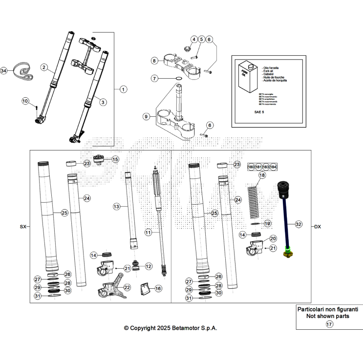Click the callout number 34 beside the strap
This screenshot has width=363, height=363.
[x=4, y=71]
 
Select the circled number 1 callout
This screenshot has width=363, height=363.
[x=123, y=89]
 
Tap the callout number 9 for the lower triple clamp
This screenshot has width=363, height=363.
[x=146, y=116]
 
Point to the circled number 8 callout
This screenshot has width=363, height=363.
[x=154, y=61]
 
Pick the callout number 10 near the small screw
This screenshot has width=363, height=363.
[x=26, y=101]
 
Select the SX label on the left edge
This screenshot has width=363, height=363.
[x=22, y=227]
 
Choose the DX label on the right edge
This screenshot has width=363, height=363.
[x=318, y=227]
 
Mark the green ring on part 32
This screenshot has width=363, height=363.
[x=288, y=252]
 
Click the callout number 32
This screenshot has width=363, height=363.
[x=299, y=224]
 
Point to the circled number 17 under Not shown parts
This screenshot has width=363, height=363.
[x=329, y=324]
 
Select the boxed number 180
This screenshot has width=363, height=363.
[x=251, y=167]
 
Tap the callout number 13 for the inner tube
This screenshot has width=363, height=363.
[x=116, y=207]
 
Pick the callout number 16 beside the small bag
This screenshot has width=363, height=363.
[x=158, y=289]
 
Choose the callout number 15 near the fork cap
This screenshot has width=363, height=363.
[x=115, y=159]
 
